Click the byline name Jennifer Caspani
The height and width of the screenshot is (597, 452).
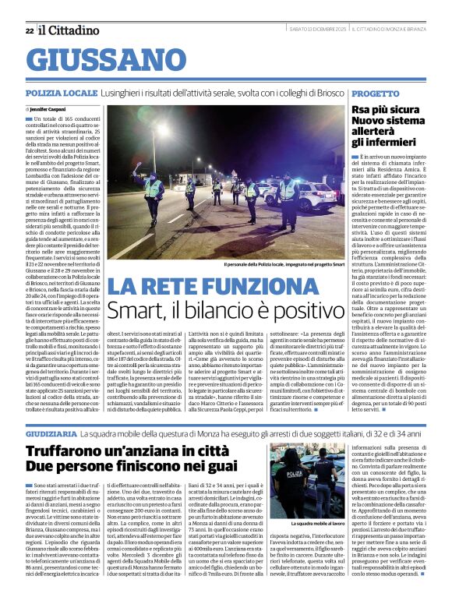[x=51, y=109]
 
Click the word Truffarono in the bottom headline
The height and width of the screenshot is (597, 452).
[x=69, y=452]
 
